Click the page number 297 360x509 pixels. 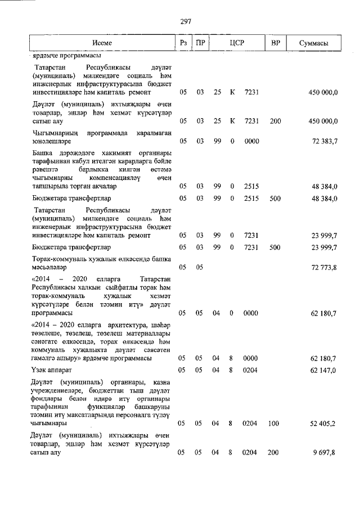186,21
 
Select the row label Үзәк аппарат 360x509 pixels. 55,370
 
